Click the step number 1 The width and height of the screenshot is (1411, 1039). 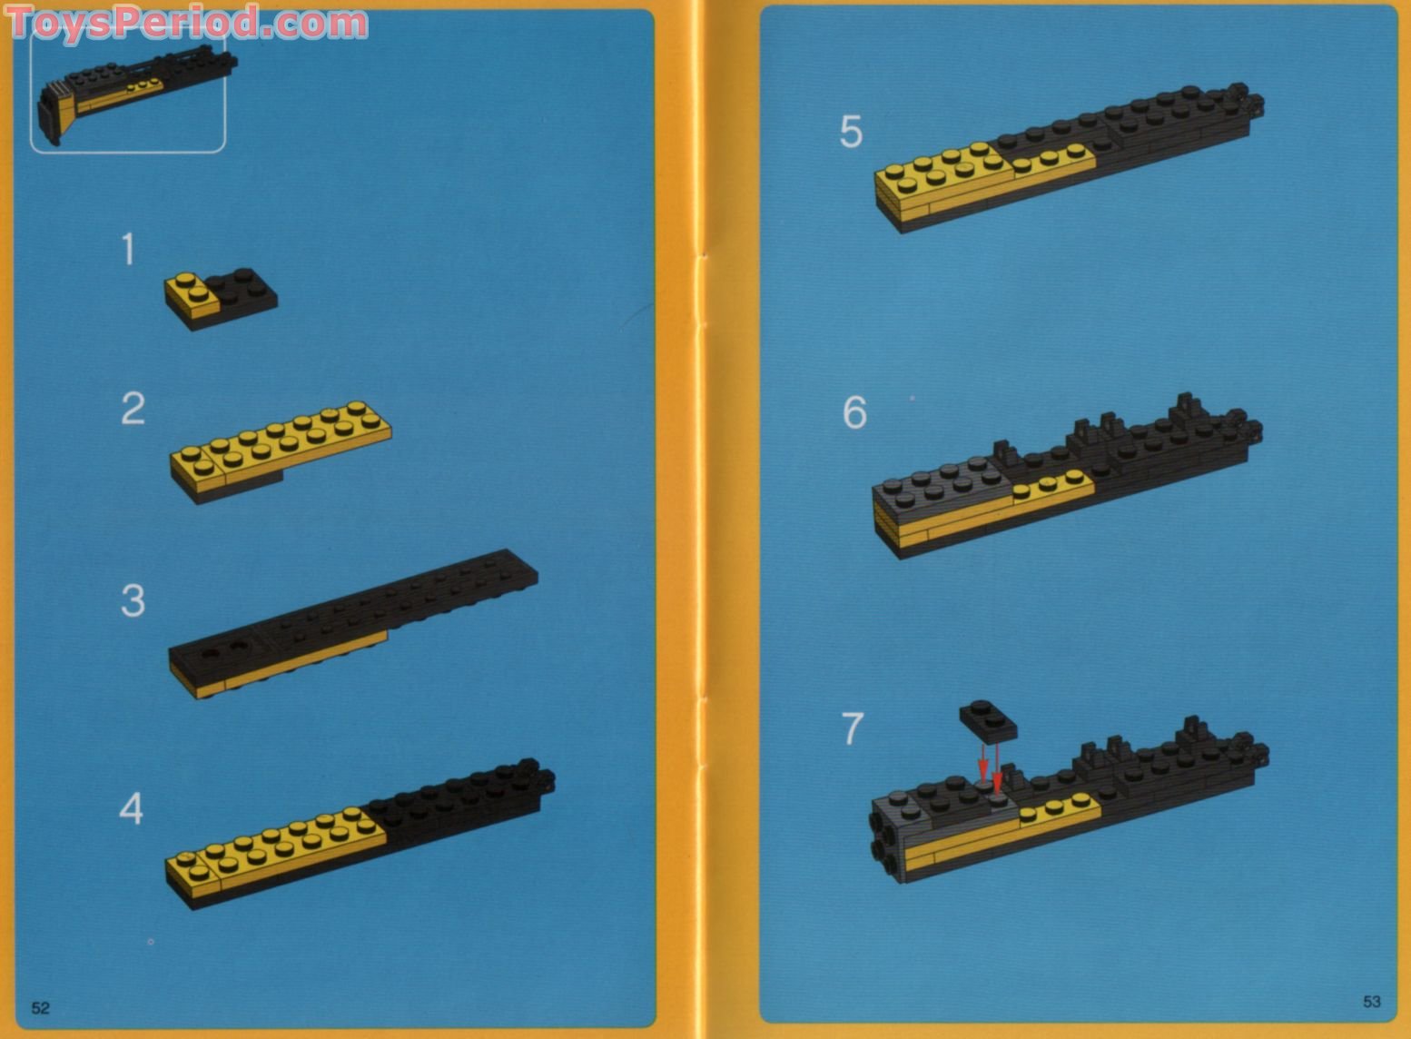[129, 250]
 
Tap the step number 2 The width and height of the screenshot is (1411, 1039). [133, 409]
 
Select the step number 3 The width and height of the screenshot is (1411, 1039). [133, 601]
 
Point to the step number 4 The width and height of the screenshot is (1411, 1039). [132, 809]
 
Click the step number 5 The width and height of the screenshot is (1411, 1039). [851, 133]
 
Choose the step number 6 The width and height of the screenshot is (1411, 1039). [854, 413]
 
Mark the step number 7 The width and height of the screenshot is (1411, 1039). [852, 729]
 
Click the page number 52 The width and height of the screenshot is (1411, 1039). [41, 1008]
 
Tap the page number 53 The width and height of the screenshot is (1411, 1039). [1371, 1002]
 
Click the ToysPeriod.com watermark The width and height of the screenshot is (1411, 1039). [186, 23]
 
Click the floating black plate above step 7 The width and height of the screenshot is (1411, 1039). [988, 718]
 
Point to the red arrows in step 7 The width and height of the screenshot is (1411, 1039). [990, 767]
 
